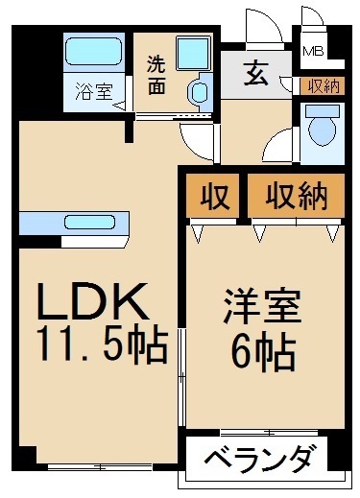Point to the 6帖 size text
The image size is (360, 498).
261,356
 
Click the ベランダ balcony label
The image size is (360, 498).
258,460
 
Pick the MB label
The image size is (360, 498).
313,51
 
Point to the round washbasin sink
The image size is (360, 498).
200,93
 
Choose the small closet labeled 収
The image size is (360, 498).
214,198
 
